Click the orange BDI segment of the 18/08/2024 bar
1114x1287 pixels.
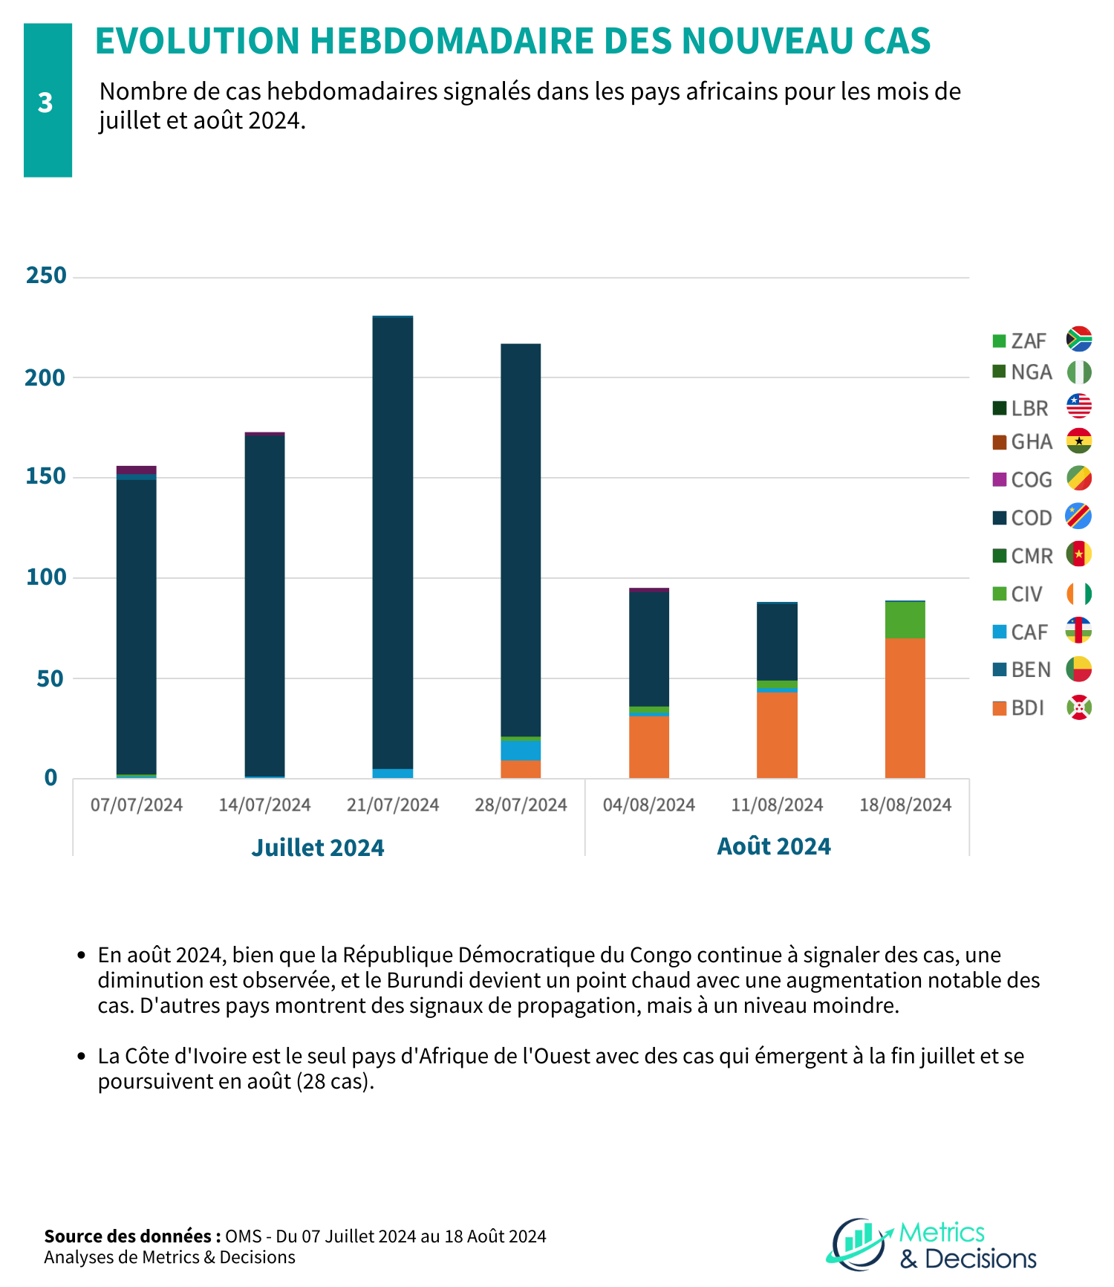[x=905, y=708]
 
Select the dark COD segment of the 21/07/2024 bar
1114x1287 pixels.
[x=393, y=543]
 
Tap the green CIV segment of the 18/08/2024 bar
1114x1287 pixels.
[x=905, y=620]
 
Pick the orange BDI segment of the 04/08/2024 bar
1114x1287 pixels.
[x=649, y=747]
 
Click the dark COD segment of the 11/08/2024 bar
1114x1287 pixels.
[x=777, y=642]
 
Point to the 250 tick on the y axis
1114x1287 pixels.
[x=46, y=276]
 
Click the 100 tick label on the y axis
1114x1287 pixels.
[x=46, y=577]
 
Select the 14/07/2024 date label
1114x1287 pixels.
[x=264, y=805]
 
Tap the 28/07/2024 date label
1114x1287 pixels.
[x=521, y=805]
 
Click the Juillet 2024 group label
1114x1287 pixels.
[x=318, y=847]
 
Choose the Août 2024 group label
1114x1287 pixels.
[x=774, y=846]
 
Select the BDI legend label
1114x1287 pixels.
[x=1028, y=708]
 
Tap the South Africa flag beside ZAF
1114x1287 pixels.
[x=1079, y=339]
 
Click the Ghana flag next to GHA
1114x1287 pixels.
[x=1079, y=441]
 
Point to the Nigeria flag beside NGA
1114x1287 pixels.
[x=1079, y=372]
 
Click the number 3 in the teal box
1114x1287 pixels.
[x=45, y=103]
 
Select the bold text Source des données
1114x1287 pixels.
[x=132, y=1236]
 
